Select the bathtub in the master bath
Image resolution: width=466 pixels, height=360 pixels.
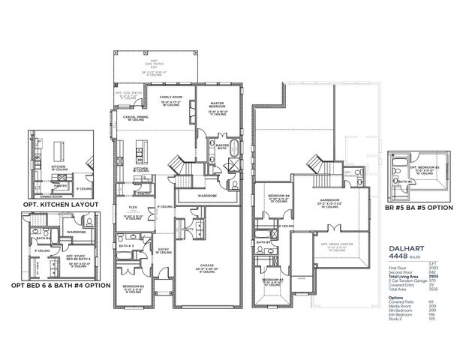(233, 146)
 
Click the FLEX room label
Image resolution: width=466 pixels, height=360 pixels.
(132, 208)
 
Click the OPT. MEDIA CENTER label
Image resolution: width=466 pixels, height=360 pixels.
(335, 244)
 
